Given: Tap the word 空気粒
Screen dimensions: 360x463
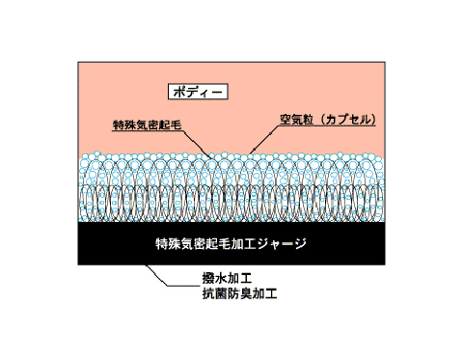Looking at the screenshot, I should point(297,120).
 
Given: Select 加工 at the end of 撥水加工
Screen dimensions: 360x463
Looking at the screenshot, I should point(235,281).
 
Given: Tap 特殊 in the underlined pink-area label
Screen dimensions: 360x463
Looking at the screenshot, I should point(123,126).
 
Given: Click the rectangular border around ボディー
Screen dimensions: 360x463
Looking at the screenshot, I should point(167,93).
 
